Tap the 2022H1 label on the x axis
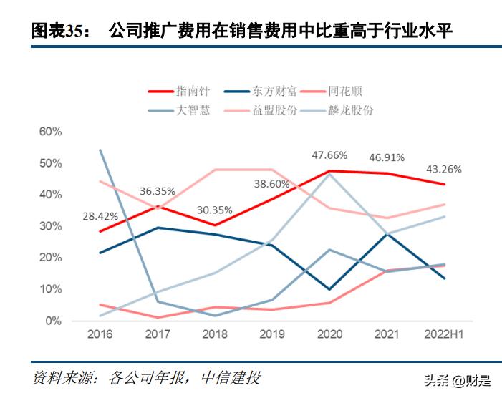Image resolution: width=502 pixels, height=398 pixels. point(444,335)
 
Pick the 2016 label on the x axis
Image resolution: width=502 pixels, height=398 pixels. point(100,335)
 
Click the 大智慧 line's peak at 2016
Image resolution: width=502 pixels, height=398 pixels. point(100,150)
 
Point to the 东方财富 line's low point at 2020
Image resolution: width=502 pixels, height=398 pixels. point(329,289)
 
